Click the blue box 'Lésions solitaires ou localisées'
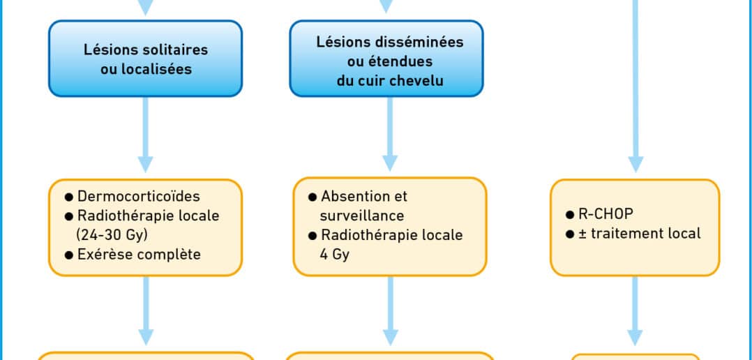(x=145, y=59)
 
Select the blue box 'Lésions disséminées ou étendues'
(x=386, y=59)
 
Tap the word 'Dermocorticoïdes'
(x=139, y=197)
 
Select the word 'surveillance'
(x=362, y=216)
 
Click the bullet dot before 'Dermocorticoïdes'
(x=69, y=197)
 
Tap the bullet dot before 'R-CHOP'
(x=570, y=215)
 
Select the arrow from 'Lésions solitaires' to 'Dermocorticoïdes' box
(x=145, y=135)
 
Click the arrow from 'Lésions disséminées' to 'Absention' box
(x=390, y=134)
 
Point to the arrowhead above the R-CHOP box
(x=636, y=165)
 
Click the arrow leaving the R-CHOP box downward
(x=635, y=310)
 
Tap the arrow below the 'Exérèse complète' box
(x=146, y=310)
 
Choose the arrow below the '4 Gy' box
(x=391, y=310)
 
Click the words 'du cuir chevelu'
(x=390, y=81)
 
